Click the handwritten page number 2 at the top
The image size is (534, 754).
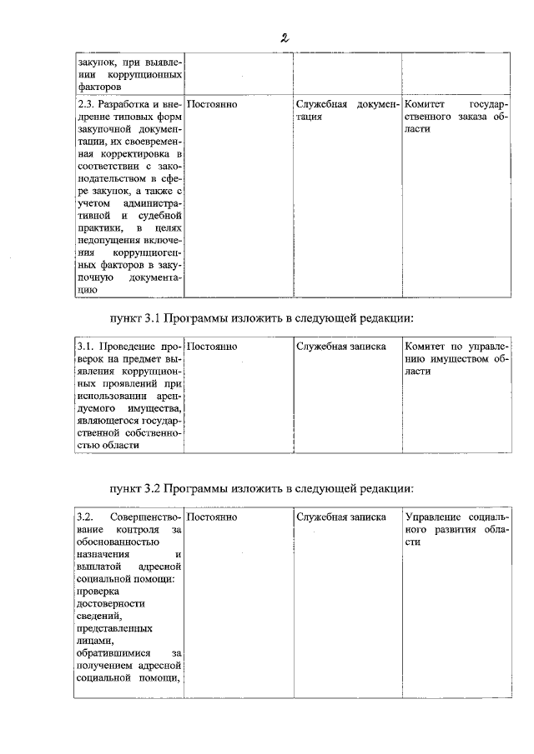(x=285, y=37)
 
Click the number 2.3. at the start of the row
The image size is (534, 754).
(x=86, y=105)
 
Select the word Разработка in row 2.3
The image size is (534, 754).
(x=126, y=105)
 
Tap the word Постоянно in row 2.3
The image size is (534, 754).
(x=212, y=105)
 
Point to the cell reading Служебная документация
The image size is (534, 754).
(x=346, y=112)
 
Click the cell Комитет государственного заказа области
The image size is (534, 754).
(x=456, y=117)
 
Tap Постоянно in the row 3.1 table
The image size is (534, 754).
(x=212, y=345)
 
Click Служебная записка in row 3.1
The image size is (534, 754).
(x=340, y=345)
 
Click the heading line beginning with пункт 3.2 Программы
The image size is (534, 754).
(x=261, y=488)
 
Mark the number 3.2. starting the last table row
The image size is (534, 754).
(x=86, y=517)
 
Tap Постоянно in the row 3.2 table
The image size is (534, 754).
(x=212, y=517)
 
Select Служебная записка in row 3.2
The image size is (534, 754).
(x=340, y=517)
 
